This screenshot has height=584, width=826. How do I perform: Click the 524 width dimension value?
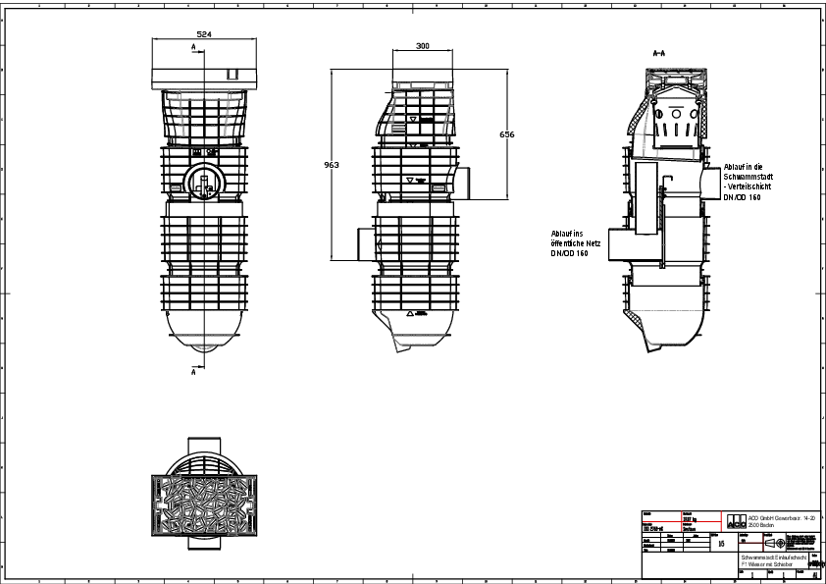[x=205, y=34]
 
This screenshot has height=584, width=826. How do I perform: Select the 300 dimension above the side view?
[x=422, y=46]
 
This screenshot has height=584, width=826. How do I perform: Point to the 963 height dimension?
[x=332, y=165]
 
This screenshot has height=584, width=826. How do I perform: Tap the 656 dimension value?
[x=506, y=133]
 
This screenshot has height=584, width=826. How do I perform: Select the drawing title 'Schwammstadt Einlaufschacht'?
[x=773, y=557]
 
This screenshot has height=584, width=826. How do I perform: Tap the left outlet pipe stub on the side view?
[x=364, y=242]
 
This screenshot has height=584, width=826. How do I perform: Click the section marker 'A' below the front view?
[x=194, y=373]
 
